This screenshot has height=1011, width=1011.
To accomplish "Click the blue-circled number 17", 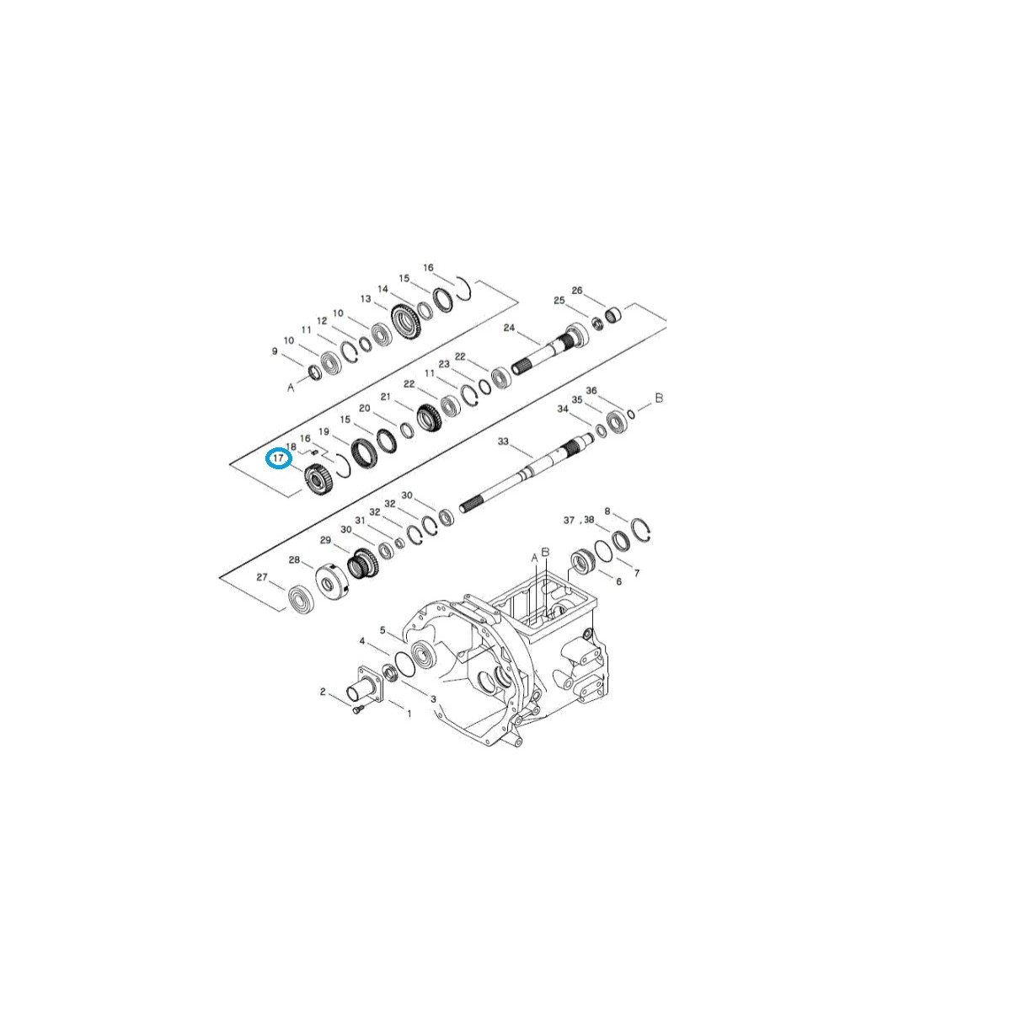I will click(278, 458).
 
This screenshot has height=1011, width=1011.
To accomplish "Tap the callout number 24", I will click(508, 328).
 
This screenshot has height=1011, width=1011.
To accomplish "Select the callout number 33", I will click(503, 441).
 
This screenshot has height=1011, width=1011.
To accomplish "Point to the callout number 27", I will click(262, 577).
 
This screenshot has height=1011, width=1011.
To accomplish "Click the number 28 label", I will click(294, 559).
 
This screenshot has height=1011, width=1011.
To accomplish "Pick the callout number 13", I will click(366, 299).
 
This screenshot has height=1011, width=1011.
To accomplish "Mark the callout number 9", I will click(275, 351).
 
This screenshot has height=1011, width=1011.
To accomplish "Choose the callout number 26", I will click(577, 291).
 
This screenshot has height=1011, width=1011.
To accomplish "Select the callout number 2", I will click(322, 692).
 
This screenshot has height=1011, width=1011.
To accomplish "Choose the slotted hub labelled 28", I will click(330, 580).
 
